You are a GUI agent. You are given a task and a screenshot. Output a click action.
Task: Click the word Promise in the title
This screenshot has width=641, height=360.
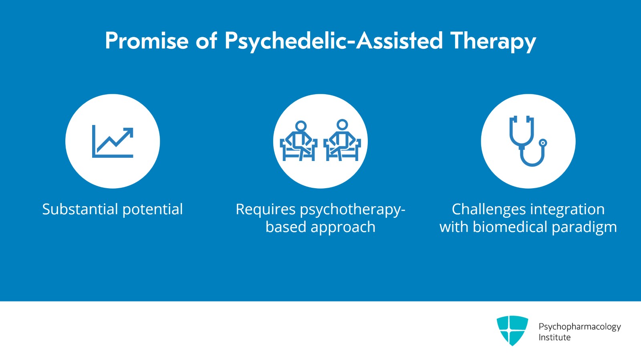[147, 40]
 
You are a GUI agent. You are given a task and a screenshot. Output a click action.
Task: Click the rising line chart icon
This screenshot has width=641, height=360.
[113, 141]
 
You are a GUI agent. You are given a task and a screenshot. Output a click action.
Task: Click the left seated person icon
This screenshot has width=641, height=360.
[299, 141]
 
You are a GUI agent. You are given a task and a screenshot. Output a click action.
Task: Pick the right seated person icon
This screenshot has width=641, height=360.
[342, 140]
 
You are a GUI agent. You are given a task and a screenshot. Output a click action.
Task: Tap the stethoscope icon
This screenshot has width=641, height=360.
[528, 141]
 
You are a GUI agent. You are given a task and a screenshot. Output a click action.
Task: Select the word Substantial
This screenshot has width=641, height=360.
[80, 209]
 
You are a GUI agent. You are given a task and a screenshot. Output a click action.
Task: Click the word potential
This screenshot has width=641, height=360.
[153, 209]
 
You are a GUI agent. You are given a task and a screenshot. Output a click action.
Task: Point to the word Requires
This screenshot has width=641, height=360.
[266, 209]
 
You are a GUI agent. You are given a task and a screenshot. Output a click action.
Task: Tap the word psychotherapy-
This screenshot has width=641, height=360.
[353, 209]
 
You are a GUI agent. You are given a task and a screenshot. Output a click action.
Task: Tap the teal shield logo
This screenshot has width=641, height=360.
[512, 330]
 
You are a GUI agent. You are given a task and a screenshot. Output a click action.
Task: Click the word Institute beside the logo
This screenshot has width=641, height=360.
[554, 338]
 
